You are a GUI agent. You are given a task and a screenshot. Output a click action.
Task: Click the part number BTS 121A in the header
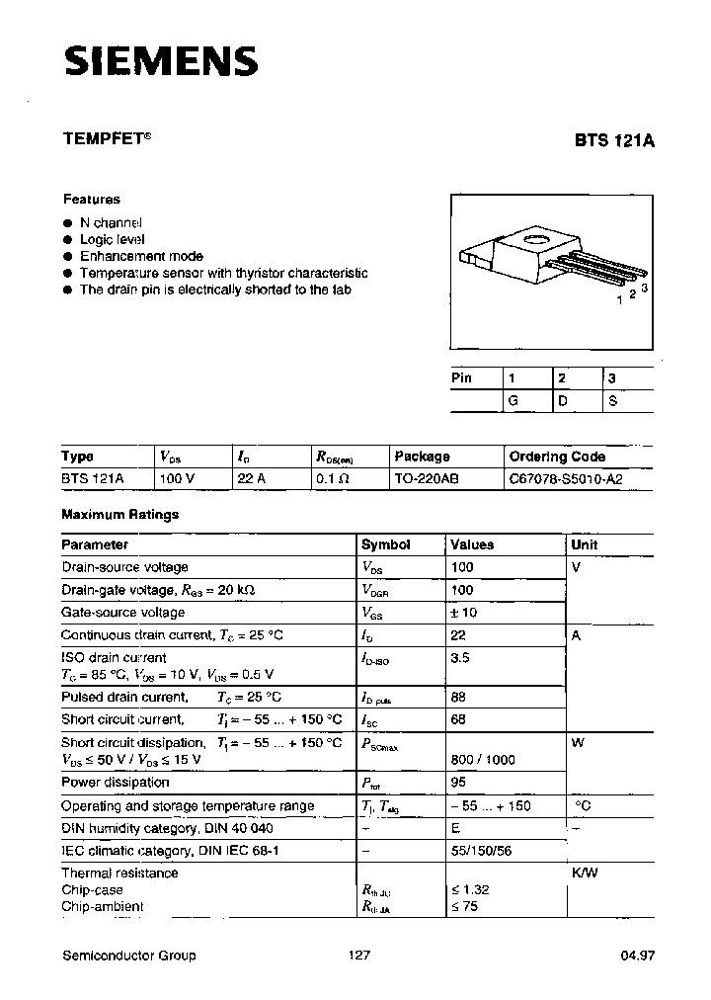(x=614, y=140)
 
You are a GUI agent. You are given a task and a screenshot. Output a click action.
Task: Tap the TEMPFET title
(x=107, y=140)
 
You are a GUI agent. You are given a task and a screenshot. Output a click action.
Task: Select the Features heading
(x=92, y=199)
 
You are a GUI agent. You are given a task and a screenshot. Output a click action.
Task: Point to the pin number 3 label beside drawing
(x=644, y=288)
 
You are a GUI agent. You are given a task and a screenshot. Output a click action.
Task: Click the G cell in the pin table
(x=513, y=401)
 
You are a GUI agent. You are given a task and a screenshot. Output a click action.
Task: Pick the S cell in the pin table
(x=612, y=401)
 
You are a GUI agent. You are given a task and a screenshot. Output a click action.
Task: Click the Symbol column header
(x=385, y=544)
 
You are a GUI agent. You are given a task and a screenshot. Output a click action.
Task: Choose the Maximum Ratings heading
(x=119, y=515)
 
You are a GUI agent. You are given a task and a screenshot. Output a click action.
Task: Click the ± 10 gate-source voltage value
(x=463, y=613)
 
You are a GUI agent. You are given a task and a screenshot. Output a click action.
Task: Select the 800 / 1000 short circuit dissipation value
(x=482, y=760)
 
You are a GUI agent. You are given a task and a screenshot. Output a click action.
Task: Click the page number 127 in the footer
(x=360, y=956)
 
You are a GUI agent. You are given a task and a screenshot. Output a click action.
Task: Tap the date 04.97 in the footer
(x=638, y=956)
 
